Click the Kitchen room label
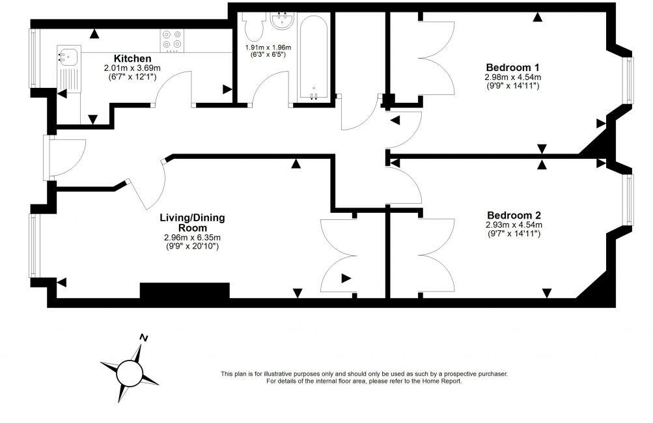[x=132, y=59]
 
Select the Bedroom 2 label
[x=514, y=215]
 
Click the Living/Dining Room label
[x=192, y=223]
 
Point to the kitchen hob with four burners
[x=172, y=40]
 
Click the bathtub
[x=314, y=57]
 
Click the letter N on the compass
[x=145, y=337]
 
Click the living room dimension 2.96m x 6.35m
[x=192, y=238]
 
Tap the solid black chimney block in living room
[x=185, y=290]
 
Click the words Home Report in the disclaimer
[x=442, y=381]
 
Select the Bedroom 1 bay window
[x=630, y=81]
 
